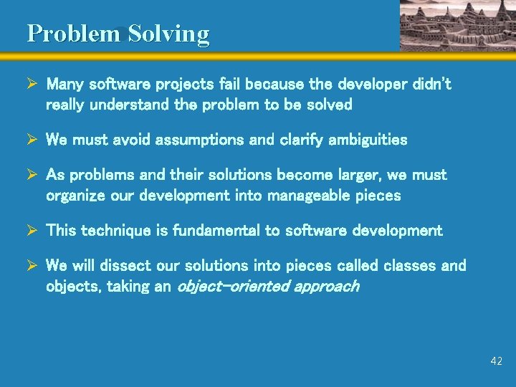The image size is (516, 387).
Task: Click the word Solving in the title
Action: pos(169,34)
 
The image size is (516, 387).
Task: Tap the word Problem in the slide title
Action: pos(73,34)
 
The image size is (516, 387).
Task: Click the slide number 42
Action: pos(496,361)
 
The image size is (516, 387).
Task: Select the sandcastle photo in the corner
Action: pos(457,25)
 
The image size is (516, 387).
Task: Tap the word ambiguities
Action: pos(368,140)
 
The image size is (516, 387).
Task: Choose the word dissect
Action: pos(123,265)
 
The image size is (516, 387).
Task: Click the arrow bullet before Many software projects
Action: pos(32,85)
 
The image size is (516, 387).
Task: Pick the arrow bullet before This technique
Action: pos(32,230)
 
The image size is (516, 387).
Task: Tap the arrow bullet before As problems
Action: pos(32,175)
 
